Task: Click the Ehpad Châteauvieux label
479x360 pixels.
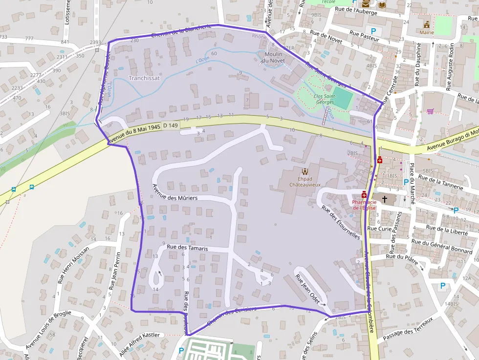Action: click(x=305, y=181)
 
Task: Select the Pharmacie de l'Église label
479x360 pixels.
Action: click(x=364, y=204)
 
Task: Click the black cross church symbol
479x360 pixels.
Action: click(x=385, y=199)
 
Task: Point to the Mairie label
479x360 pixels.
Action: click(x=427, y=32)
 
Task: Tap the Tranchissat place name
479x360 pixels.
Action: click(x=144, y=78)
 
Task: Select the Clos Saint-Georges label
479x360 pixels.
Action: click(x=325, y=99)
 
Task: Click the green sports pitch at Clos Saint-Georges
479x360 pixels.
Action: click(x=343, y=98)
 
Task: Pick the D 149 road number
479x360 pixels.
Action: click(x=171, y=126)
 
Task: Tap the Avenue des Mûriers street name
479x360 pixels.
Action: click(x=174, y=192)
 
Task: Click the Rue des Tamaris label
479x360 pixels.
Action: click(x=187, y=248)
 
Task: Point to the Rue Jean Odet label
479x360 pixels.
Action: click(x=308, y=288)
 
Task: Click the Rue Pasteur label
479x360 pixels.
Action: click(x=364, y=36)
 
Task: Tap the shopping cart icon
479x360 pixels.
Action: click(x=430, y=111)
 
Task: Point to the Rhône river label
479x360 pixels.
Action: click(x=259, y=37)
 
